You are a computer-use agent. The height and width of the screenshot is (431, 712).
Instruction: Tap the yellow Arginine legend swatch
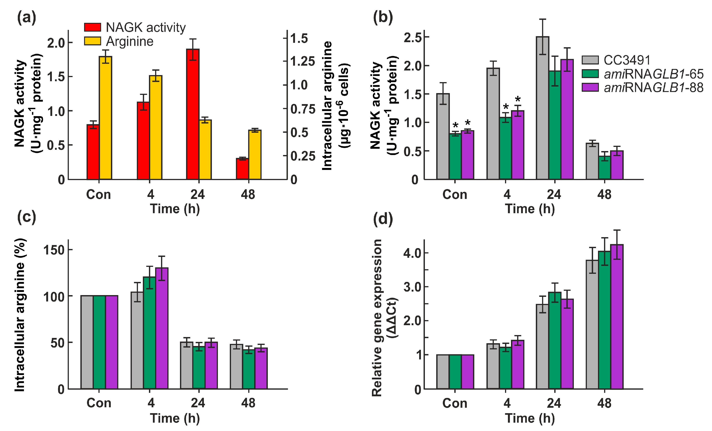point(92,41)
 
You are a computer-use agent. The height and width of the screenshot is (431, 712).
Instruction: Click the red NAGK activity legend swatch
point(92,27)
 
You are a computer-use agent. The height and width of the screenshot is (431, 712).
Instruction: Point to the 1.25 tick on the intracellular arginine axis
point(302,61)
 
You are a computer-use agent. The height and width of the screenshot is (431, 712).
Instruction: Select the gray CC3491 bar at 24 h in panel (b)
point(542,108)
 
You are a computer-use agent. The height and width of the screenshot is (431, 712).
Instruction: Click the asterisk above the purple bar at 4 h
point(518,100)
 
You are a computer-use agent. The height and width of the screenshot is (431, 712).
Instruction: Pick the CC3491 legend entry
point(616,60)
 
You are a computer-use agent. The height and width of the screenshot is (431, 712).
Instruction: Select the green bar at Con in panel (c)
point(99,342)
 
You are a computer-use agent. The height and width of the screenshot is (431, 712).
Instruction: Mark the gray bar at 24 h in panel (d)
point(542,346)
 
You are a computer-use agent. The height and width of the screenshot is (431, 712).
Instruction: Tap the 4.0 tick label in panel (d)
point(412,253)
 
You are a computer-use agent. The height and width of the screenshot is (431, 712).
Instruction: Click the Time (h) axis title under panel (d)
point(530,418)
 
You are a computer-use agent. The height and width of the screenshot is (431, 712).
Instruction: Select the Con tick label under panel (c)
point(99,403)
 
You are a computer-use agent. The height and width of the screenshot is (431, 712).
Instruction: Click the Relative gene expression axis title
point(377,318)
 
